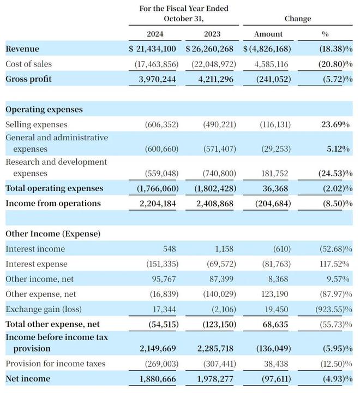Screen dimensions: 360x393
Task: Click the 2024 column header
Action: click(155, 34)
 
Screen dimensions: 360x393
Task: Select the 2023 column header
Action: click(212, 34)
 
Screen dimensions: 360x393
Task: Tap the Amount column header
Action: click(268, 34)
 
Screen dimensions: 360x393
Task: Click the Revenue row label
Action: click(22, 49)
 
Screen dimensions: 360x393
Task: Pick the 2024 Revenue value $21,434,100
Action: click(152, 49)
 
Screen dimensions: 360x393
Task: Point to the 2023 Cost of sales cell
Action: click(214, 64)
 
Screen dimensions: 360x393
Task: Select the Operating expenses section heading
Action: click(44, 110)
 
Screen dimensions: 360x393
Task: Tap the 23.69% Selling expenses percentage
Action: click(335, 124)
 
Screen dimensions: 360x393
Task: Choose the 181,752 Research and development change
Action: click(274, 173)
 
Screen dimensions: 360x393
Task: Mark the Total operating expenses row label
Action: click(55, 188)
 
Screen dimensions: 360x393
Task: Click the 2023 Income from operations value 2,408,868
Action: click(215, 203)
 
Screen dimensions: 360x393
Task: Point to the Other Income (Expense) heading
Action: click(53, 234)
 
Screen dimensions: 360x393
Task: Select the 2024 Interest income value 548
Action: click(169, 249)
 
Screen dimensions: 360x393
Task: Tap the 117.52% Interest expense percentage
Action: click(334, 264)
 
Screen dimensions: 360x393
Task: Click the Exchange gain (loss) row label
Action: click(44, 309)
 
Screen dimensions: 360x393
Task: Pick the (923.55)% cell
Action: click(334, 309)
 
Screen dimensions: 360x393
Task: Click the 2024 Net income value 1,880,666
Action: click(158, 379)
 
